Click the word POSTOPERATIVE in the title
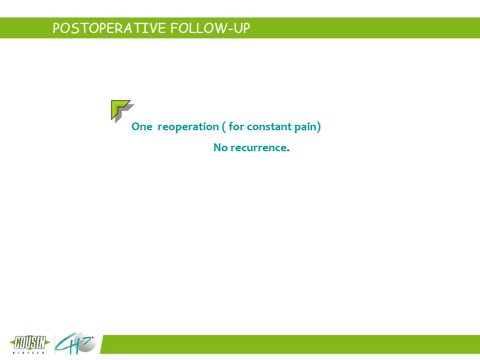point(109,28)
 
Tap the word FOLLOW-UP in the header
point(211,28)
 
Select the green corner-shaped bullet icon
point(120,109)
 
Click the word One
point(142,127)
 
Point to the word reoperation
point(188,127)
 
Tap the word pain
point(305,127)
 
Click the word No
point(220,148)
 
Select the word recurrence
point(259,148)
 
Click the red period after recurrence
point(288,151)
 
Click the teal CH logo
point(76,343)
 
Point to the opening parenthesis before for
point(224,127)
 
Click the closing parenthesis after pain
point(319,127)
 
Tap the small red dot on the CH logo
point(92,338)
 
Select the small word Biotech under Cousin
point(29,353)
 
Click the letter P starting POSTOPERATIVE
point(56,28)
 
